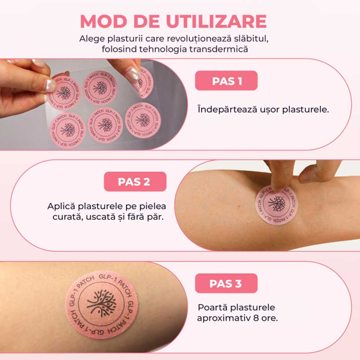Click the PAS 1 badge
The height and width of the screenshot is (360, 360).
tap(226, 81)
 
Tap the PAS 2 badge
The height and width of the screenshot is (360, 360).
tap(135, 181)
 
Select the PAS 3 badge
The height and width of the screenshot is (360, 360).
tap(226, 283)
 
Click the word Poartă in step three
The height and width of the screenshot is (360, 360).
tap(211, 307)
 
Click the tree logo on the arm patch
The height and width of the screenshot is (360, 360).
tap(278, 204)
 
